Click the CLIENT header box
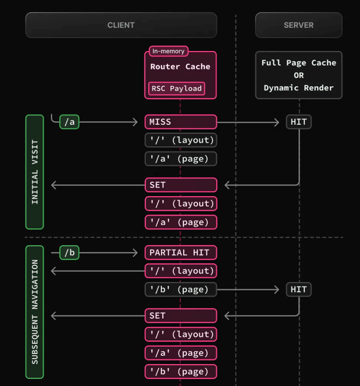tap(121, 25)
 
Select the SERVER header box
tap(298, 25)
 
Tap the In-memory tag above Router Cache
tap(169, 51)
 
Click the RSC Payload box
tap(176, 88)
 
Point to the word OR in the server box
tap(299, 75)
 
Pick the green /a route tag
tap(69, 122)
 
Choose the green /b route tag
tap(69, 253)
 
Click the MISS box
tap(180, 122)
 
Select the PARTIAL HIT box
tap(180, 253)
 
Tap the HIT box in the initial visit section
tap(298, 122)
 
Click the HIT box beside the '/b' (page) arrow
tap(298, 289)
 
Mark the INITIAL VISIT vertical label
tap(35, 172)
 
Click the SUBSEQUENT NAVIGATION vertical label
tap(35, 312)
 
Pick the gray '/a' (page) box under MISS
tap(180, 159)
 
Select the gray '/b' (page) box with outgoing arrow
tap(180, 289)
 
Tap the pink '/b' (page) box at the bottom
tap(180, 371)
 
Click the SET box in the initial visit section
tap(180, 185)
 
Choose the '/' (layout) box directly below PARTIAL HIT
tap(180, 271)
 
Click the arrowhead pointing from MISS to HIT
tap(277, 122)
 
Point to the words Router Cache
tap(180, 67)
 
